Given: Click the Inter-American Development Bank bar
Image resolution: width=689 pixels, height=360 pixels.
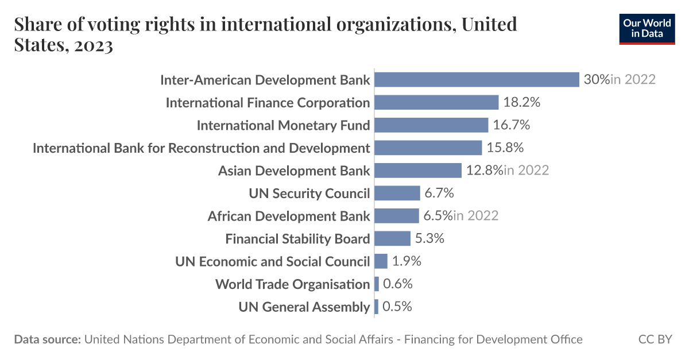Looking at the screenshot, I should click(477, 79).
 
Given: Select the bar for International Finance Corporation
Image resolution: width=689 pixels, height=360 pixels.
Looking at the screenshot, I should click(436, 102).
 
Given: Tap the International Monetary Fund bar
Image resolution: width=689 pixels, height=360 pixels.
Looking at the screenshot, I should click(431, 125).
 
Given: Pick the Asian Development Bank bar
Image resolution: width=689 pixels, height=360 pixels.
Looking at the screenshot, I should click(418, 171).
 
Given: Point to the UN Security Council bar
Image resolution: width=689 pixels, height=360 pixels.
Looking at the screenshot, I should click(397, 193).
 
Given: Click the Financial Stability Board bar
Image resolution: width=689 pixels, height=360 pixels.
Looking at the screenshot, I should click(393, 238).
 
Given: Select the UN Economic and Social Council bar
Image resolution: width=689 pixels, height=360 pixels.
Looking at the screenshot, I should click(381, 261).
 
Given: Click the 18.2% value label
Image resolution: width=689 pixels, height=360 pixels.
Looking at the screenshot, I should click(522, 102).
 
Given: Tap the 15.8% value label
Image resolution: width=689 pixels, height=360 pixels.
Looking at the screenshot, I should click(505, 148).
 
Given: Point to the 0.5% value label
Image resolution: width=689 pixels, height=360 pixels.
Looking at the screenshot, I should click(397, 307).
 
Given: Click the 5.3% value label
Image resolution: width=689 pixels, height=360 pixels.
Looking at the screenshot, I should click(429, 238).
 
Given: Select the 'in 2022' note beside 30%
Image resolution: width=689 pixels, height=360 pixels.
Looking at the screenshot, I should click(633, 79).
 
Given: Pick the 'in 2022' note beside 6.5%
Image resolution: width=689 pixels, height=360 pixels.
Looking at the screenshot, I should click(475, 216).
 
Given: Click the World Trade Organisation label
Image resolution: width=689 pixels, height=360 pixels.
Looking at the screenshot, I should click(292, 284).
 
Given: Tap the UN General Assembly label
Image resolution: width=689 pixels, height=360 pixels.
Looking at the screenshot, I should click(304, 307).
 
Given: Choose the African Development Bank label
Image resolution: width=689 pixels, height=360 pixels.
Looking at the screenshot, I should click(289, 216).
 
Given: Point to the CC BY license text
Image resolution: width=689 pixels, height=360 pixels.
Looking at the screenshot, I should click(655, 339).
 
